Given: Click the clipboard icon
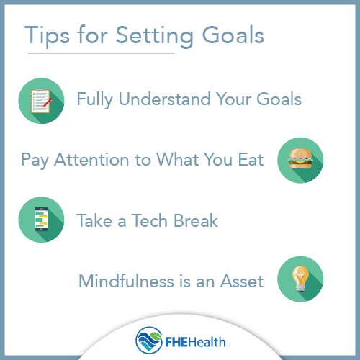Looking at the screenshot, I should click(41, 100).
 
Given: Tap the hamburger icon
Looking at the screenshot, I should click(300, 159).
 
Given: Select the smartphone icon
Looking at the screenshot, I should click(41, 220).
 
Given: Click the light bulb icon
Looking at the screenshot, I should click(300, 279).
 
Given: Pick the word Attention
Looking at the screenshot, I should click(93, 159).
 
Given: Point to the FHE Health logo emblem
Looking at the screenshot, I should click(148, 338).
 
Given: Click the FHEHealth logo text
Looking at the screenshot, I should click(192, 339).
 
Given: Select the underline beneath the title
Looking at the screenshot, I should click(101, 53).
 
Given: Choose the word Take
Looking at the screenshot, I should click(96, 220).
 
